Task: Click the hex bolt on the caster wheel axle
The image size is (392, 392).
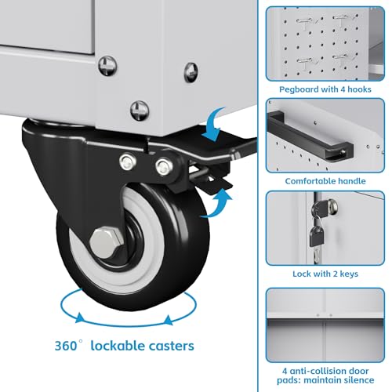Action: pos(107,243)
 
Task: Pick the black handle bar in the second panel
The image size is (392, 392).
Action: pos(310,136)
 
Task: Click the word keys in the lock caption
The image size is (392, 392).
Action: pos(349,274)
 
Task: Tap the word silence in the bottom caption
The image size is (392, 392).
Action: pos(358,379)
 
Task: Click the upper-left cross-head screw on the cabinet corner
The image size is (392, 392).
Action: pos(107,66)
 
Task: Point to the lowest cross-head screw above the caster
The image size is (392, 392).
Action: pos(140,111)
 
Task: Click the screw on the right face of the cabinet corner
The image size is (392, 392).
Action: pos(191,72)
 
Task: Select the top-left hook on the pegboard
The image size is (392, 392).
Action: pos(307,22)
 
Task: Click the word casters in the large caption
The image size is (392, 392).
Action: pos(171,346)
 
